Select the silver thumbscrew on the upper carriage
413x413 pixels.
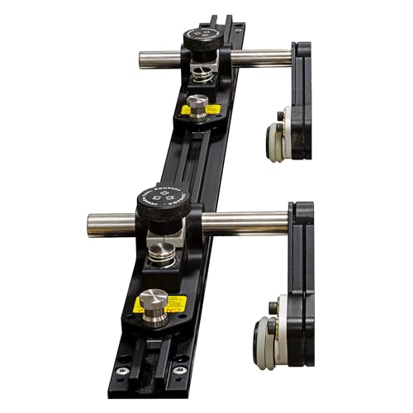point(196,105)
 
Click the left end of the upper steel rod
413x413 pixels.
point(142,59)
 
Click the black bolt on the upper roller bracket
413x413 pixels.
point(281,116)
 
